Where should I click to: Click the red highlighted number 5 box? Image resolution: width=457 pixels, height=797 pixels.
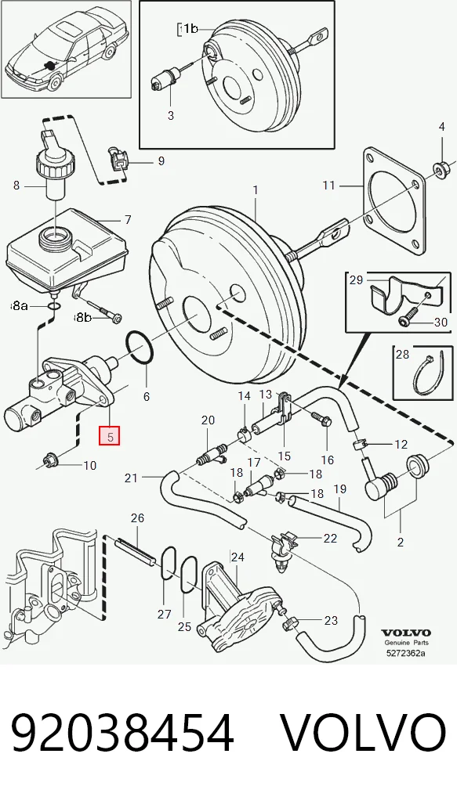110,435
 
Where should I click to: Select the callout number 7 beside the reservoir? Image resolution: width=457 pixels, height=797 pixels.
128,219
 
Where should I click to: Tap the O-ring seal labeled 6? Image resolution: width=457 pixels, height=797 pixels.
140,348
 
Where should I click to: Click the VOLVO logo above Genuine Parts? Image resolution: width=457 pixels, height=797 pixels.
406,633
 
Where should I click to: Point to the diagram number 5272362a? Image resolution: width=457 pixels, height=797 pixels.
406,653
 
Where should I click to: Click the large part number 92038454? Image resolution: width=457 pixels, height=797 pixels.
122,733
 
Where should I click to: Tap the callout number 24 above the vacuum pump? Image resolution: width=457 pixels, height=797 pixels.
238,557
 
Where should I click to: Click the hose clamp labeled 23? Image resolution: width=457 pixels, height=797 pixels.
289,620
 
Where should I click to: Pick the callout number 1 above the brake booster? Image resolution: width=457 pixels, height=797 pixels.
256,190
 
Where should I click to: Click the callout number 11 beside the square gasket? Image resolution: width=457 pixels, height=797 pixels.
328,186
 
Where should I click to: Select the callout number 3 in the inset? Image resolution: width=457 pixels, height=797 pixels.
170,116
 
